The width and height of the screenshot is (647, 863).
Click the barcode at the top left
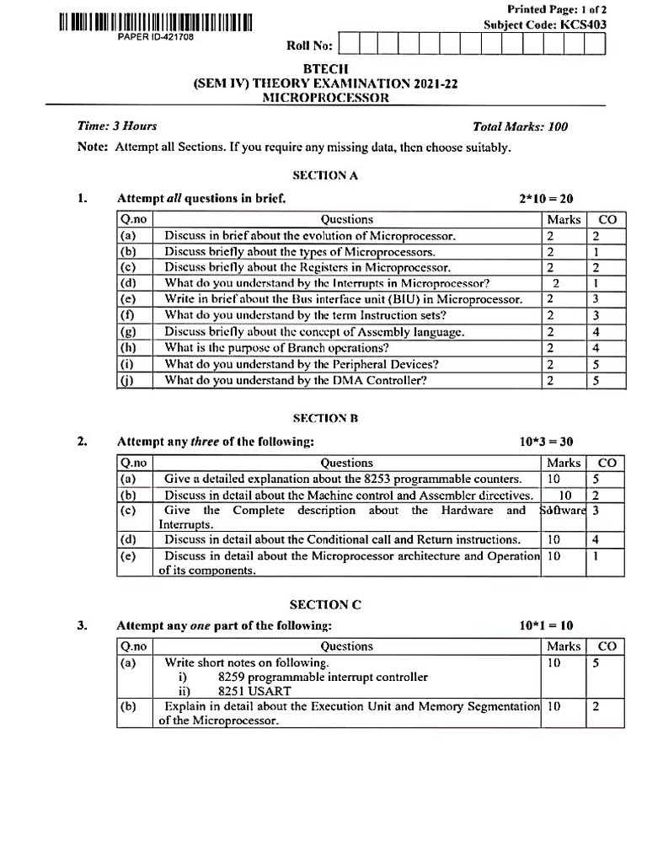click(156, 23)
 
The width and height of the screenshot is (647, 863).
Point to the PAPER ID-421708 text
click(156, 39)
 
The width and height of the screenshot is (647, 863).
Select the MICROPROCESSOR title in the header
click(326, 98)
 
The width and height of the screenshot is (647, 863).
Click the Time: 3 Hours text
click(117, 126)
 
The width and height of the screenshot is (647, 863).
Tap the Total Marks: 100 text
click(520, 127)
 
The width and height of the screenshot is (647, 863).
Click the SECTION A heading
click(325, 175)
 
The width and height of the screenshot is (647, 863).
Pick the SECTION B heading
click(325, 418)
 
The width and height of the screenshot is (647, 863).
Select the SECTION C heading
click(325, 604)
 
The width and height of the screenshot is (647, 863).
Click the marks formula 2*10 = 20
click(546, 199)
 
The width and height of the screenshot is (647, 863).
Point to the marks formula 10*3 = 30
click(546, 442)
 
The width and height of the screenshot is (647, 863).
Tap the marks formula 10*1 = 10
click(546, 626)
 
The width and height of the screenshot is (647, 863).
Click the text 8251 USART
click(251, 692)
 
